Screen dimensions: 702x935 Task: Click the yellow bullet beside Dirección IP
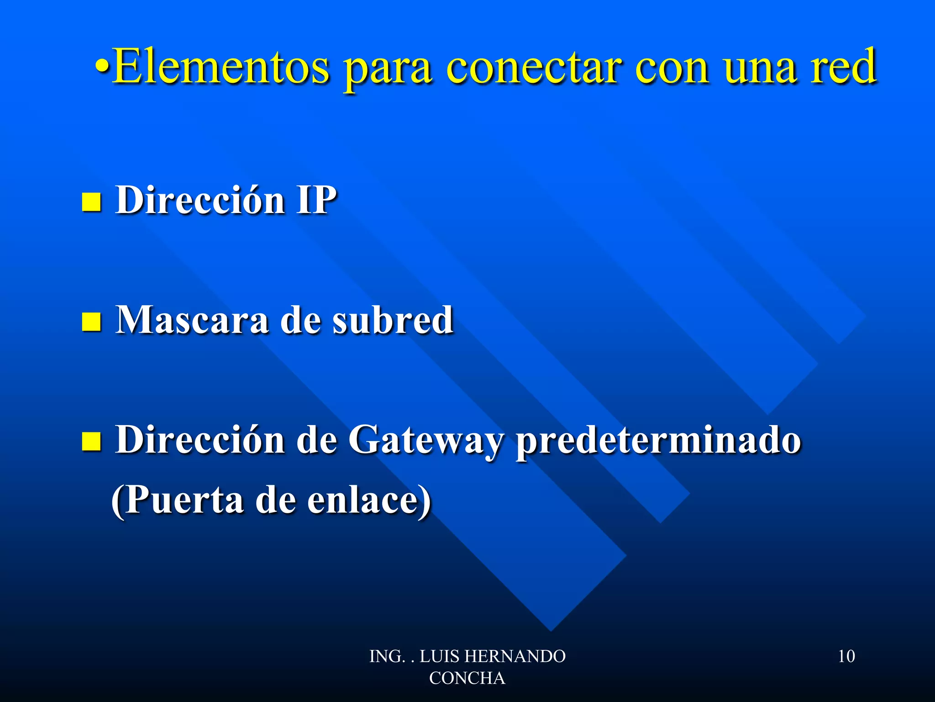click(x=91, y=202)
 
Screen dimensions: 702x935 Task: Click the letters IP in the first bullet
click(x=316, y=200)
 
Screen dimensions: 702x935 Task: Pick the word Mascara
click(x=192, y=320)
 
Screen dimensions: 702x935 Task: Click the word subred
click(x=393, y=320)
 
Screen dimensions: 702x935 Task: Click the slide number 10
click(x=846, y=656)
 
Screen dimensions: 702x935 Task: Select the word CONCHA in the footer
click(x=467, y=678)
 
